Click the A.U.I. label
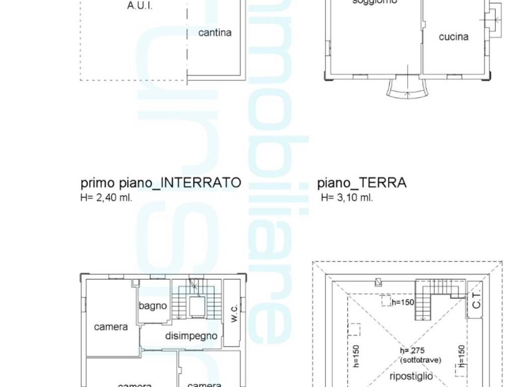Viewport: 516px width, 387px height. (x=140, y=7)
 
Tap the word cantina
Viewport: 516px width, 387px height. (x=215, y=33)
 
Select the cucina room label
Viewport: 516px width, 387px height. (x=454, y=37)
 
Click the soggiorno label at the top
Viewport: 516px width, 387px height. (x=374, y=3)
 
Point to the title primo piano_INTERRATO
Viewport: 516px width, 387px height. (x=161, y=182)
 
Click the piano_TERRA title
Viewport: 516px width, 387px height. (x=362, y=182)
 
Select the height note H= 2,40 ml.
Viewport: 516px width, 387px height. (x=106, y=198)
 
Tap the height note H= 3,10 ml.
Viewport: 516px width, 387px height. (x=347, y=198)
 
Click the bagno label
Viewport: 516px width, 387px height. (x=153, y=305)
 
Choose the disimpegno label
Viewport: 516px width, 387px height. (x=191, y=336)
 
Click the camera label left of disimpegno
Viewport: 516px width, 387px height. (x=111, y=327)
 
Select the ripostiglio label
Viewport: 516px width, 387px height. (x=411, y=376)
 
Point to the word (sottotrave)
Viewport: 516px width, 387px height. (x=421, y=360)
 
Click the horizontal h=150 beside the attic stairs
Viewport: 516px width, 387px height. (x=402, y=302)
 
